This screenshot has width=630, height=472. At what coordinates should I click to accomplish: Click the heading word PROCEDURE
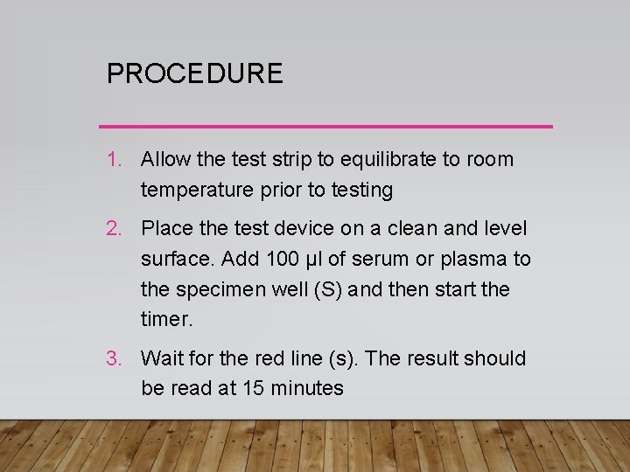[194, 73]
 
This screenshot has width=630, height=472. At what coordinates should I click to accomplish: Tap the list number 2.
[114, 229]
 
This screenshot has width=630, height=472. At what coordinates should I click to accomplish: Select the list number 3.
[114, 358]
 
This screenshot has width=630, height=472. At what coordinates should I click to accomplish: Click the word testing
[360, 190]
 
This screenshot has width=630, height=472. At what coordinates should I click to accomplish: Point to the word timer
[164, 319]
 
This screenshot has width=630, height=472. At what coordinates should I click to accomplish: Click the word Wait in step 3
[160, 358]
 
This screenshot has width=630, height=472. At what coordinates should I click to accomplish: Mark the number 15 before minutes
[253, 388]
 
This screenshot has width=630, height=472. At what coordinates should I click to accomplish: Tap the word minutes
[306, 388]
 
